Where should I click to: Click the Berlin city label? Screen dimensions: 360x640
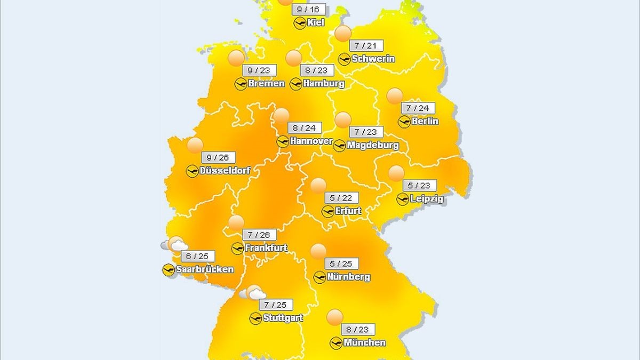point(425,121)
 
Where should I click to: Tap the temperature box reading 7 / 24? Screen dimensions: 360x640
point(417,108)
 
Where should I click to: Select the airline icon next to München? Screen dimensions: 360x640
point(336,343)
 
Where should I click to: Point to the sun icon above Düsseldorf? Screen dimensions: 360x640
point(195,145)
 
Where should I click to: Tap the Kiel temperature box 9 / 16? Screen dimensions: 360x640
point(308,9)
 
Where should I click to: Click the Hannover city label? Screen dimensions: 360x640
point(311,141)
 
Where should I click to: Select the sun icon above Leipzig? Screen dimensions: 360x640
point(396,173)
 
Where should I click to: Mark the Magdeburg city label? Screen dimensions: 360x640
point(372,145)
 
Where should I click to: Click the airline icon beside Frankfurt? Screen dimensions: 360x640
point(237,248)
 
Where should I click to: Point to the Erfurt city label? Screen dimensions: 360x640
point(348,211)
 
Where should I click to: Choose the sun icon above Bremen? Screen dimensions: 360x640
point(236,58)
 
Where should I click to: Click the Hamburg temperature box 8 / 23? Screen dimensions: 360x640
point(316,70)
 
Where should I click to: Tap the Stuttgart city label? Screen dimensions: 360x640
point(283,318)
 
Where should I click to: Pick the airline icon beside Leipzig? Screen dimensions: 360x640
point(403,199)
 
